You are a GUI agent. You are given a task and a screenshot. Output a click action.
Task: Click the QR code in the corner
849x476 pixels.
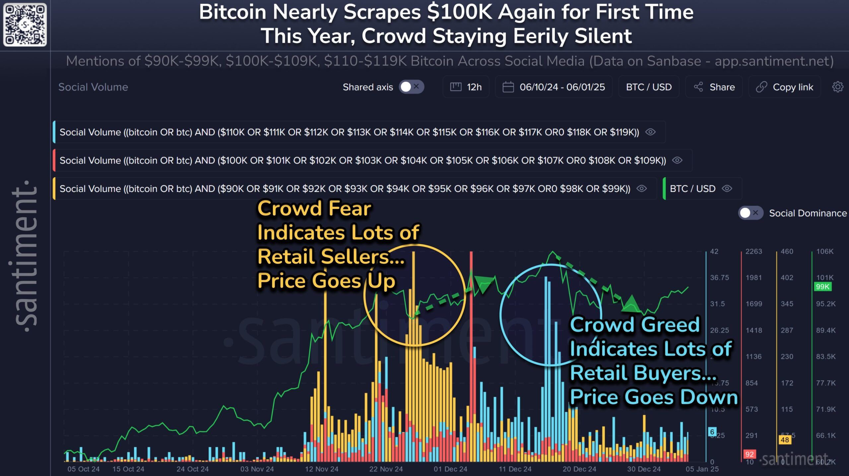(x=25, y=25)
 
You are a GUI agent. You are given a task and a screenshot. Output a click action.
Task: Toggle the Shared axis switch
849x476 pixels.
(x=411, y=87)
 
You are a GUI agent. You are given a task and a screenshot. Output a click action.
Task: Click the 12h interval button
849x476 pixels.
(x=466, y=87)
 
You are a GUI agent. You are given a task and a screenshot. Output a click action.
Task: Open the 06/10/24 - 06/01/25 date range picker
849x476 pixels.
(x=554, y=87)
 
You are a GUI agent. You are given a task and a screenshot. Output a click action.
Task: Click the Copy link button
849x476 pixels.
(x=785, y=87)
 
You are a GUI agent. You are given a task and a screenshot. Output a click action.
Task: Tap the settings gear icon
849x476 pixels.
(x=838, y=87)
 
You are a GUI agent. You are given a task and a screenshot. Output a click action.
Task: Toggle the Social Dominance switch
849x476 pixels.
(x=750, y=213)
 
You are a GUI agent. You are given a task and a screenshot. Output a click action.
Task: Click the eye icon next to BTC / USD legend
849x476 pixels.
(x=727, y=189)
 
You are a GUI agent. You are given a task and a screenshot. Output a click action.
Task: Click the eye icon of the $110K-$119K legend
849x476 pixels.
(x=650, y=132)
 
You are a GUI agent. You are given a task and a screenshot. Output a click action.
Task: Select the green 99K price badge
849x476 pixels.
(x=822, y=287)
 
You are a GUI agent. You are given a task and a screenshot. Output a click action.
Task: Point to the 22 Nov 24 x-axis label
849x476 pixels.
(x=386, y=469)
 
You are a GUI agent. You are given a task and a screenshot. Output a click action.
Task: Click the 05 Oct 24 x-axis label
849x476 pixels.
(x=84, y=469)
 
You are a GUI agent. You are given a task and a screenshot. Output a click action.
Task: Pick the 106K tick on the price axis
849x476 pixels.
(x=825, y=251)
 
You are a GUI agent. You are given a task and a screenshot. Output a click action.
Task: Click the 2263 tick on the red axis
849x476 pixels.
(x=753, y=251)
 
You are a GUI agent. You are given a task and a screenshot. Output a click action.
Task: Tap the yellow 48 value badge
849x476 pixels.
(x=785, y=440)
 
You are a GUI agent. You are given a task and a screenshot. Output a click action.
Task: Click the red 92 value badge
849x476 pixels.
(x=750, y=454)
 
